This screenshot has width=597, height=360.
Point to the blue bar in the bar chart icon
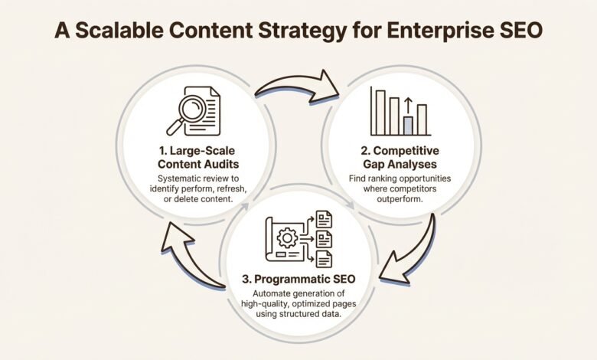408,125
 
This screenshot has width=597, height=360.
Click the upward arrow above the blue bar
408,106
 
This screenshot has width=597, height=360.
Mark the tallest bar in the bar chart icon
377,110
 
